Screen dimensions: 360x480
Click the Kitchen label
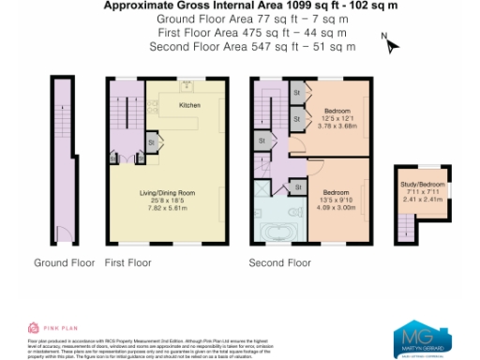(189, 105)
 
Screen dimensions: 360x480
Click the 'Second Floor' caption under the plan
(279, 262)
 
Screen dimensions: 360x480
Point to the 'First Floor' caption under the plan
(127, 262)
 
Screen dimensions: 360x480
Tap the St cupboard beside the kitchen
(151, 142)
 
